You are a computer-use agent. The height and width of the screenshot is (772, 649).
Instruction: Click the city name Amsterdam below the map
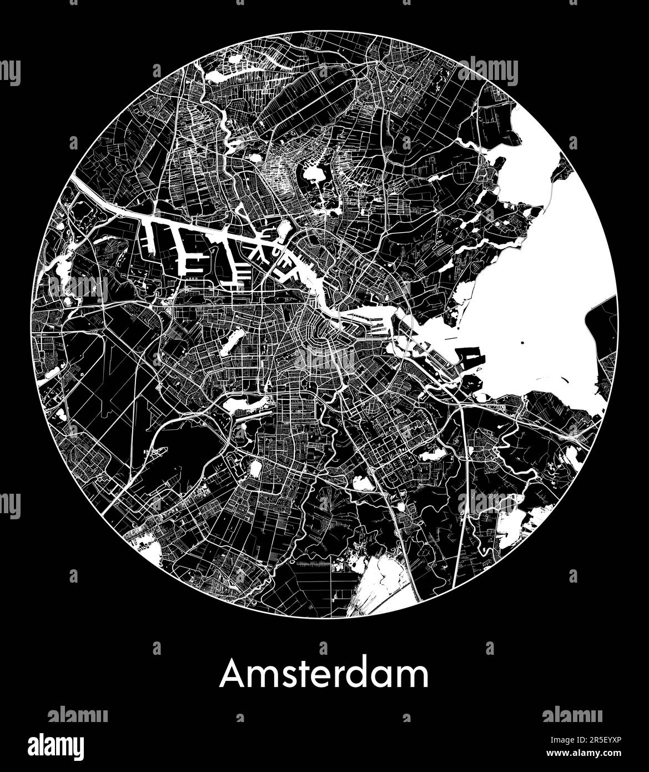pyautogui.click(x=324, y=674)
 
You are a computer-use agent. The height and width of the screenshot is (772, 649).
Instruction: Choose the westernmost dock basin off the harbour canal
pyautogui.click(x=150, y=233)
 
